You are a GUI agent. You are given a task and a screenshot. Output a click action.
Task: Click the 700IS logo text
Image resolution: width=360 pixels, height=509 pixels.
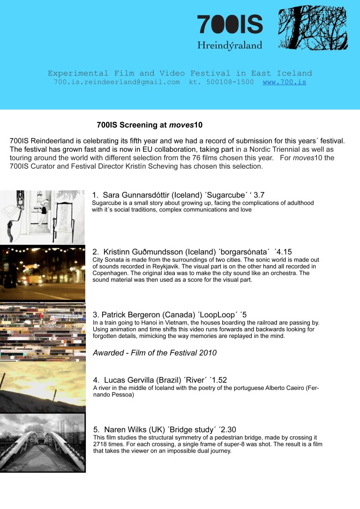pos(230,24)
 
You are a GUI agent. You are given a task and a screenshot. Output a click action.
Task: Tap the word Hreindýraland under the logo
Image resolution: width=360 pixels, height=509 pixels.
pos(230,45)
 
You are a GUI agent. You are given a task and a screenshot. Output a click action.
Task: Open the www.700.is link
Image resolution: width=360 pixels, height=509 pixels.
pos(285,82)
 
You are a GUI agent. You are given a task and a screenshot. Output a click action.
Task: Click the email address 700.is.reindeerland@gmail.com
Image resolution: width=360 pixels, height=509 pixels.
pos(117,82)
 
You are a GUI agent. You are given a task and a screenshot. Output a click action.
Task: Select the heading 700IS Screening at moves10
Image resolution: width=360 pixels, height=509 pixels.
pos(150,125)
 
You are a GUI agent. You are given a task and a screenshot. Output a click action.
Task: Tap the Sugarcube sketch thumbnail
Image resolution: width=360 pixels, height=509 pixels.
pos(42,217)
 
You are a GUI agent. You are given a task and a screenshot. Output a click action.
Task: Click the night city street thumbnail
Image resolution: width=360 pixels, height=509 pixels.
pos(42,273)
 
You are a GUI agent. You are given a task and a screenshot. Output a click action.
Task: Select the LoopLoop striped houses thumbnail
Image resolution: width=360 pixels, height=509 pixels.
pos(42,331)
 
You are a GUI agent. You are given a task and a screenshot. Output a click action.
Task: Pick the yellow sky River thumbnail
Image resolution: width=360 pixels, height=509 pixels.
pos(42,386)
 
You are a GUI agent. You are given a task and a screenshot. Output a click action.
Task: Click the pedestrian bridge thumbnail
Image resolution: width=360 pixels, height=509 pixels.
pos(42,442)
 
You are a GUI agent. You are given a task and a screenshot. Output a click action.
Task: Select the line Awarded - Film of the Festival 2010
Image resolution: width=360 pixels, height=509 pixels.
pos(155,353)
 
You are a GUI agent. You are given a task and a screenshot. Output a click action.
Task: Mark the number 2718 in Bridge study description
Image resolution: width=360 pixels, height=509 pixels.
pos(101,444)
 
